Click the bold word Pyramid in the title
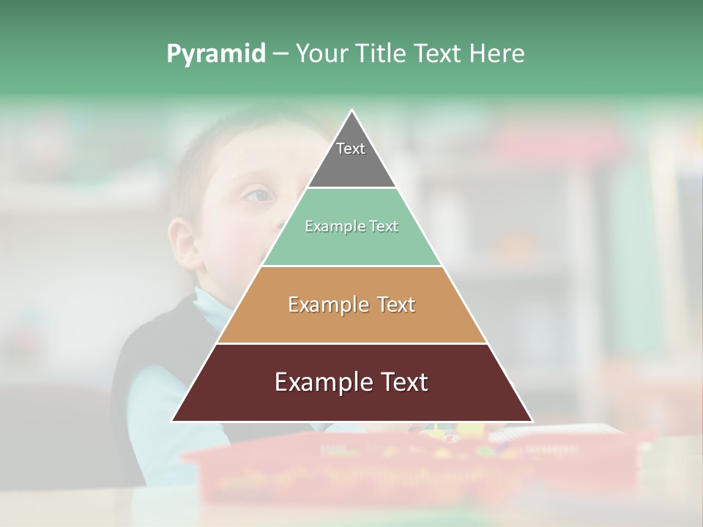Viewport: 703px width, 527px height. [216, 54]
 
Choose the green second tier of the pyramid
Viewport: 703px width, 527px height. [351, 245]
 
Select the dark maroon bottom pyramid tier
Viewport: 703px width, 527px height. [351, 403]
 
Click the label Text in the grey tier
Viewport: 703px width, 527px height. [351, 149]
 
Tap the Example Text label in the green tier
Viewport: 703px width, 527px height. [351, 226]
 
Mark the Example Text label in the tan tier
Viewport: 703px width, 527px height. [351, 304]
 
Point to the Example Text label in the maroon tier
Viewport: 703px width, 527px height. [351, 382]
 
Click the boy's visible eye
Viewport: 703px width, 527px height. [258, 195]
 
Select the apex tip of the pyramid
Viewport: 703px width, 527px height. [352, 112]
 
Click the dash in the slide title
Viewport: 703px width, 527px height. [280, 54]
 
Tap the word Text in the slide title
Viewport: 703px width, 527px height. [437, 53]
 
